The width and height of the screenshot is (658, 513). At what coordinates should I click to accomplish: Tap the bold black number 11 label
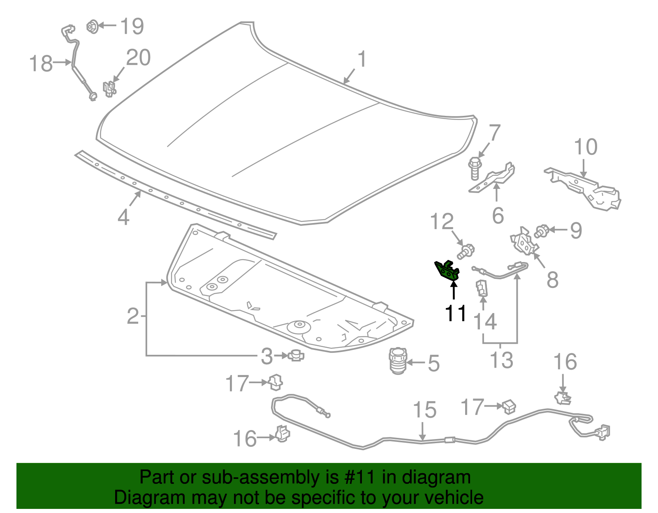pyautogui.click(x=456, y=313)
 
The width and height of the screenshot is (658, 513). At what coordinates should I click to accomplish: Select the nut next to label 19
pyautogui.click(x=93, y=27)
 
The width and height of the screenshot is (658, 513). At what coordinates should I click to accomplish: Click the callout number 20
pyautogui.click(x=138, y=58)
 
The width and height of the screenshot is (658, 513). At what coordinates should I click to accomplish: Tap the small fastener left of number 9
pyautogui.click(x=542, y=232)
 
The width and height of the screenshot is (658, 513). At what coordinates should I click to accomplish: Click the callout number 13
pyautogui.click(x=501, y=360)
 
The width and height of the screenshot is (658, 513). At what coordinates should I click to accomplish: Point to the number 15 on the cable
pyautogui.click(x=424, y=410)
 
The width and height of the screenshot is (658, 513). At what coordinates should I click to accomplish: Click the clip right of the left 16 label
pyautogui.click(x=282, y=433)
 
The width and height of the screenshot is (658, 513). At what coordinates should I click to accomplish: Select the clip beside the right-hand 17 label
pyautogui.click(x=509, y=406)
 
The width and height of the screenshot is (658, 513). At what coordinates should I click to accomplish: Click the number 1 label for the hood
pyautogui.click(x=361, y=59)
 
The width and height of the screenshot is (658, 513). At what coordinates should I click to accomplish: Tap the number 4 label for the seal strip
pyautogui.click(x=123, y=216)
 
